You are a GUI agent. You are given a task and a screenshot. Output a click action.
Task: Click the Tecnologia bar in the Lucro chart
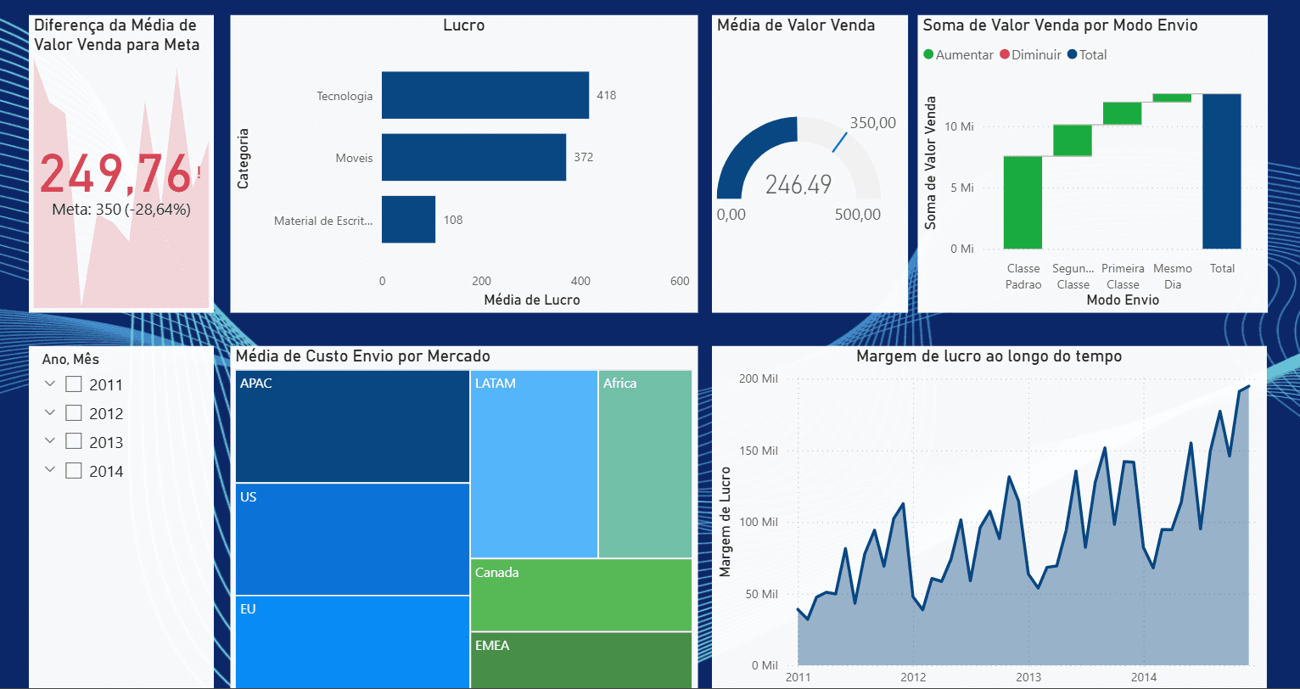pyautogui.click(x=485, y=95)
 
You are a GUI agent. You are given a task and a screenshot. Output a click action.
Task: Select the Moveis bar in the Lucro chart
pyautogui.click(x=473, y=157)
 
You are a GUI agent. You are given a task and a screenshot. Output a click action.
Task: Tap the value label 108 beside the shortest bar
pyautogui.click(x=453, y=220)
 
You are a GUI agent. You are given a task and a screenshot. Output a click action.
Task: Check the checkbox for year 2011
pyautogui.click(x=74, y=384)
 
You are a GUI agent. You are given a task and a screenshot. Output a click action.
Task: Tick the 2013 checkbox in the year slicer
pyautogui.click(x=74, y=442)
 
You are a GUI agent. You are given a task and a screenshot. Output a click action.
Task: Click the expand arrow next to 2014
pyautogui.click(x=50, y=470)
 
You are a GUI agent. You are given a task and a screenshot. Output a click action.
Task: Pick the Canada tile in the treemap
pyautogui.click(x=580, y=594)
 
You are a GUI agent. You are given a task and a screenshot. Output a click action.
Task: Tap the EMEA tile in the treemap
pyautogui.click(x=580, y=659)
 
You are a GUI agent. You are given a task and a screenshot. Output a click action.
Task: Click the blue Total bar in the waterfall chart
pyautogui.click(x=1221, y=171)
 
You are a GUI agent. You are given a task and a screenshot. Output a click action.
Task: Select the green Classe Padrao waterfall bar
pyautogui.click(x=1023, y=202)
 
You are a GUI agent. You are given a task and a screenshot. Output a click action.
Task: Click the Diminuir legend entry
pyautogui.click(x=1030, y=54)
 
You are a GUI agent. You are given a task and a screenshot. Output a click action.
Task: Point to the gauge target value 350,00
pyautogui.click(x=872, y=123)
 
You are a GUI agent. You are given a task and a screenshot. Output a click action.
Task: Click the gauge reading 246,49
pyautogui.click(x=798, y=184)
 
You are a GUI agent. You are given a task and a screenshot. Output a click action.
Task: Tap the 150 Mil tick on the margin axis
pyautogui.click(x=758, y=451)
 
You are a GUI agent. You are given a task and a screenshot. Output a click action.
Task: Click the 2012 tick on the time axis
pyautogui.click(x=913, y=677)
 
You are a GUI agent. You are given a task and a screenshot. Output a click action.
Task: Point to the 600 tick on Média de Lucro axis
pyautogui.click(x=680, y=281)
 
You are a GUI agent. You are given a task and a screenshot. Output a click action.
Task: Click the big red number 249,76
pyautogui.click(x=115, y=174)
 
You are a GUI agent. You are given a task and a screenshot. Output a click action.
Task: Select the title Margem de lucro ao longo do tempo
pyautogui.click(x=989, y=356)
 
